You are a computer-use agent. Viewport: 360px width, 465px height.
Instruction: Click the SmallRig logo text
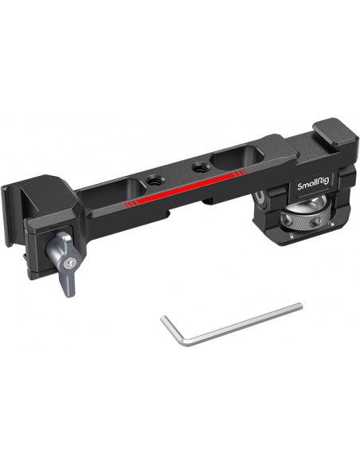click(x=313, y=186)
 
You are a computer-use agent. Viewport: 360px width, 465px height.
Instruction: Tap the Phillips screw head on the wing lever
click(x=71, y=262)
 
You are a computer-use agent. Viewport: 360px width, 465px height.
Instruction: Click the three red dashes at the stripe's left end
click(x=130, y=204)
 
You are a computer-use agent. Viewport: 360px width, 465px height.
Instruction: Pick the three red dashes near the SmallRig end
click(x=241, y=173)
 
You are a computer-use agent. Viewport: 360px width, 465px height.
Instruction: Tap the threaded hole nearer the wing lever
click(x=153, y=180)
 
